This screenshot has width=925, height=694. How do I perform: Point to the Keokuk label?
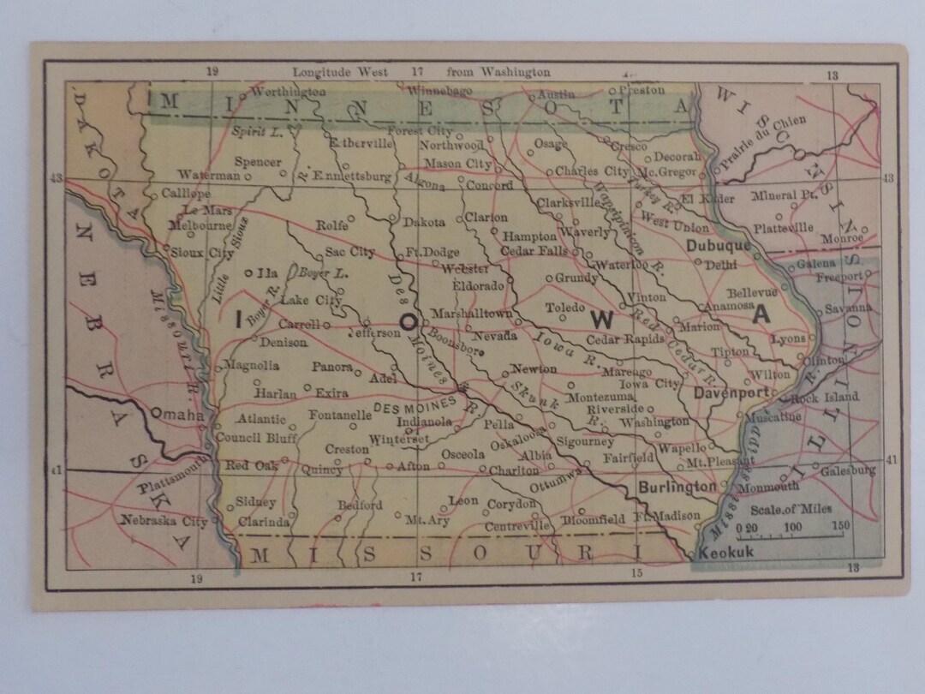726,553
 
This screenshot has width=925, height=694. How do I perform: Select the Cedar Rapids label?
624,338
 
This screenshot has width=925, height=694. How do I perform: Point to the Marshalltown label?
471,314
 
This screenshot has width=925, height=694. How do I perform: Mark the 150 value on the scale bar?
839,526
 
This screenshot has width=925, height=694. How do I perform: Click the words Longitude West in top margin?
340,73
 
